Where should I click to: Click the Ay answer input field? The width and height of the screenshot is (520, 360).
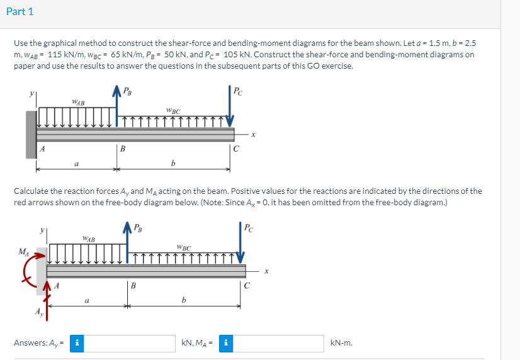tap(130, 343)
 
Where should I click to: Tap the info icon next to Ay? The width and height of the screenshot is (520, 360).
tap(77, 343)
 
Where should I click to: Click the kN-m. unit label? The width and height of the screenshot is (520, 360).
tap(341, 343)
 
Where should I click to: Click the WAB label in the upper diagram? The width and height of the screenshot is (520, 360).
tap(79, 101)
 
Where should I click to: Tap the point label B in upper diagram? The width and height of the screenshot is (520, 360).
tap(123, 149)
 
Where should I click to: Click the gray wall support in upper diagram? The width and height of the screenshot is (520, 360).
tap(31, 134)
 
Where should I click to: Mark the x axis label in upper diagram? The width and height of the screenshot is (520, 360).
tap(253, 134)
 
